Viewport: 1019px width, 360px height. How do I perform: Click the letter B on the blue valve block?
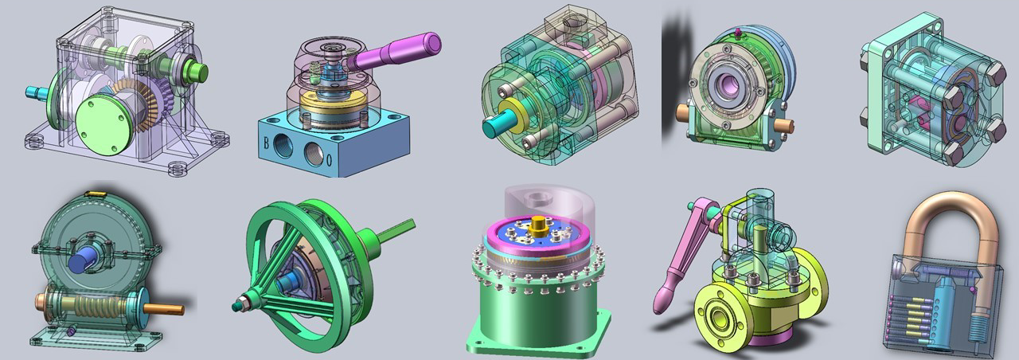click(267, 144)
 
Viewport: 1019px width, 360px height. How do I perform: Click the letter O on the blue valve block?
click(329, 161)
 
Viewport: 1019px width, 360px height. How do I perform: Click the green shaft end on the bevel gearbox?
click(197, 72)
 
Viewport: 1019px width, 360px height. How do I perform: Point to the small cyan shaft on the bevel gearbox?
click(36, 92)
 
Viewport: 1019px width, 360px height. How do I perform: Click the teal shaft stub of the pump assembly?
click(494, 125)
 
